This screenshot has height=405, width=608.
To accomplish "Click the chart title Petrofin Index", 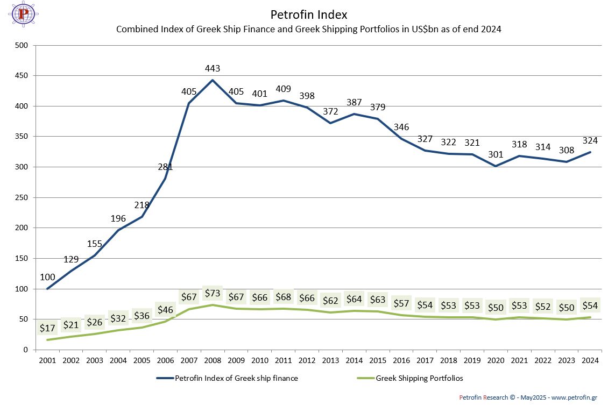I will [x=309, y=15].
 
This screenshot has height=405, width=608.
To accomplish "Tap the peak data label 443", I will [x=213, y=68].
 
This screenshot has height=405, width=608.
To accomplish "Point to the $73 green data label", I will [x=213, y=294].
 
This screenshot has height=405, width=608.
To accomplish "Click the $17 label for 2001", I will [x=47, y=328].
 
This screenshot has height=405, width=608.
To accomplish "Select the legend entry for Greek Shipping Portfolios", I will [x=419, y=378].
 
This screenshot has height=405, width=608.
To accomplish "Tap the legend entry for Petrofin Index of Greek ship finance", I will [x=236, y=378].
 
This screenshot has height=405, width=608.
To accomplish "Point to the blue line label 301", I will [x=496, y=154].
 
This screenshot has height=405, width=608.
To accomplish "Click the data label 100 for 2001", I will [x=47, y=277].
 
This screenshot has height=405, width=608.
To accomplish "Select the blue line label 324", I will [x=590, y=140].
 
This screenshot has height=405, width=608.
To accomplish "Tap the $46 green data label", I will [x=165, y=309].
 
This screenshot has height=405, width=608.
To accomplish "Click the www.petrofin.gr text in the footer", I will [x=574, y=397].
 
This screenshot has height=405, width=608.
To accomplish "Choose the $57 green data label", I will [x=401, y=303].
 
